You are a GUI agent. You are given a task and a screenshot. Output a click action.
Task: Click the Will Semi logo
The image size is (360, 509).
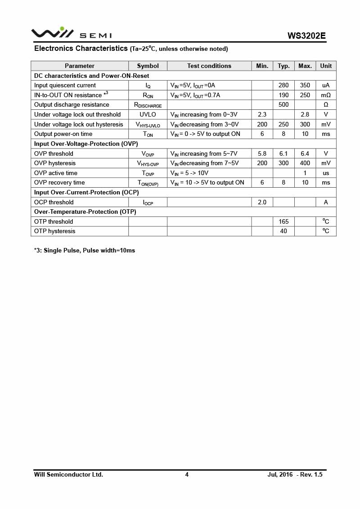71,33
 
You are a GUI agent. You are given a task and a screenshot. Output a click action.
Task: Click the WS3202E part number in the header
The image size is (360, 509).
306,36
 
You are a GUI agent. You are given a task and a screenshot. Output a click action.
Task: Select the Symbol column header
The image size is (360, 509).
148,66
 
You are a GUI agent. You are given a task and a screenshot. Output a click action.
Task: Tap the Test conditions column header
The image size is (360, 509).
209,66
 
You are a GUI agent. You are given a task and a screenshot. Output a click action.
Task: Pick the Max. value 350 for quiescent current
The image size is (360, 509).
305,86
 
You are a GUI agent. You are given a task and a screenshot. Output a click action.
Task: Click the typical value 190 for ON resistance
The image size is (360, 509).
283,95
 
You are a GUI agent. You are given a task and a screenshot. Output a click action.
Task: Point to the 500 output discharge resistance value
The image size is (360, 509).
283,105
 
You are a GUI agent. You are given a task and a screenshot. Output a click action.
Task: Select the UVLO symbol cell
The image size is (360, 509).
148,114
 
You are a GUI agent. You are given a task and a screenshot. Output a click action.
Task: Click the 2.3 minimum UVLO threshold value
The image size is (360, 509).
262,114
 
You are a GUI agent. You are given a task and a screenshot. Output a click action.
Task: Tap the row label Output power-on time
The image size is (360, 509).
63,134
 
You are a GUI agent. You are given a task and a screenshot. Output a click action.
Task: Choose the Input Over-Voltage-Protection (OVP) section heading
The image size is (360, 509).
86,144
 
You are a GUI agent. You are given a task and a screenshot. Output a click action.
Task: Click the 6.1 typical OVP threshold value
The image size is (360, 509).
283,153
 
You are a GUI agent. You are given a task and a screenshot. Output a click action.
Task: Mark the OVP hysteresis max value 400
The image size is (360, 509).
305,163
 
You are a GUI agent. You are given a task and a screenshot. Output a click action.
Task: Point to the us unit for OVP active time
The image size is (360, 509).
326,173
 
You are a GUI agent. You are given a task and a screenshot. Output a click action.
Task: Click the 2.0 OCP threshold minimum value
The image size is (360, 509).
262,202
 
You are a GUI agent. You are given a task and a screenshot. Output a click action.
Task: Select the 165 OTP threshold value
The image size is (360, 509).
283,221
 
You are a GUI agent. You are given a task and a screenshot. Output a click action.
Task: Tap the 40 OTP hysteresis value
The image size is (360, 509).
283,231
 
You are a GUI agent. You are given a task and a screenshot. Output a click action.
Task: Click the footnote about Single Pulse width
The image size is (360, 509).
85,250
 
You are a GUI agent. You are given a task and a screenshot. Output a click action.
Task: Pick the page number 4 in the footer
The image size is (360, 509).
187,474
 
